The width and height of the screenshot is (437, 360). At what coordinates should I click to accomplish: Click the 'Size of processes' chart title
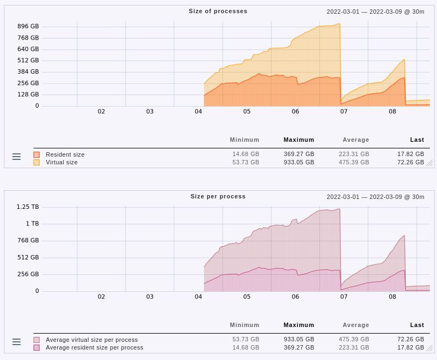click(x=218, y=11)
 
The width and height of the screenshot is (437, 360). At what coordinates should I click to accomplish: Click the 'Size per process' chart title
click(x=218, y=196)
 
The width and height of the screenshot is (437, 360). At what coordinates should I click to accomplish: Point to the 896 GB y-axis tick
click(x=28, y=26)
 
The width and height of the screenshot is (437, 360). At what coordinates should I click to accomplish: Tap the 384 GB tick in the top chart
click(x=28, y=72)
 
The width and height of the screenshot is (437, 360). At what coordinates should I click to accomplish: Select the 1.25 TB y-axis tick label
click(x=27, y=207)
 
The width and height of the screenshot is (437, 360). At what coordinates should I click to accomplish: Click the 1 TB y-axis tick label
click(x=31, y=224)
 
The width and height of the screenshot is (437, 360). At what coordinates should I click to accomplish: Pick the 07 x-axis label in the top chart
click(x=344, y=112)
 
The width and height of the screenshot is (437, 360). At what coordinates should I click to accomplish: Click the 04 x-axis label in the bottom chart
click(x=198, y=297)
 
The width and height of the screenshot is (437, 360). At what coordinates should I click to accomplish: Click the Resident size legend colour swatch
click(x=37, y=155)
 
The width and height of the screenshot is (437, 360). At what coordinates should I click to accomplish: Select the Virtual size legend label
click(x=62, y=162)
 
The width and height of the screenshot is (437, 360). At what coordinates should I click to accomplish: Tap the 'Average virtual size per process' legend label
click(x=92, y=340)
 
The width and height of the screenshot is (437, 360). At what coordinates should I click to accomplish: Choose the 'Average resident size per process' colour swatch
click(x=37, y=347)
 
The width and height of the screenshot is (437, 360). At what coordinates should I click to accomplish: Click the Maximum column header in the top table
click(x=298, y=140)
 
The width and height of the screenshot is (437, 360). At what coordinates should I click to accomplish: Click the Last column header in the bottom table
click(x=417, y=325)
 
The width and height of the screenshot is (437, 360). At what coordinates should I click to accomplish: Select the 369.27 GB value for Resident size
click(x=298, y=154)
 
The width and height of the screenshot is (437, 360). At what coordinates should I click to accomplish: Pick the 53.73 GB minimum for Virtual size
click(x=245, y=162)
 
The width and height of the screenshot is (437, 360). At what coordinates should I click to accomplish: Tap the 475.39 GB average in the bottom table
click(x=355, y=340)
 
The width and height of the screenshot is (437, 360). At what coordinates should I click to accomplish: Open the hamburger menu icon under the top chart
click(x=16, y=157)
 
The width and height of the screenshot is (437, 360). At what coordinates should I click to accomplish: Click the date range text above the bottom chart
click(x=375, y=197)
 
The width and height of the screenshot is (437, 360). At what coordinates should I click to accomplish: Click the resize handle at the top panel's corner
click(x=429, y=163)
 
